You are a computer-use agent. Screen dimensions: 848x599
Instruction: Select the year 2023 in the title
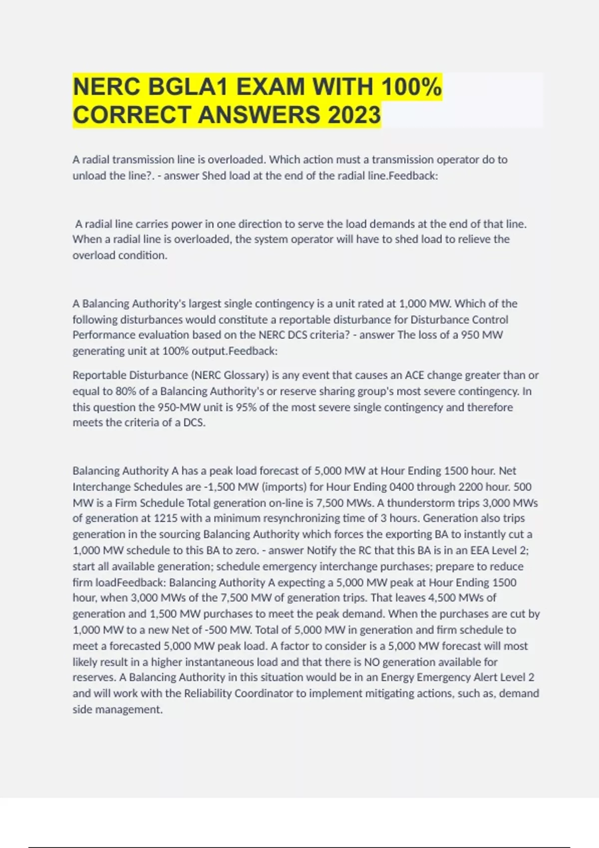click(x=354, y=115)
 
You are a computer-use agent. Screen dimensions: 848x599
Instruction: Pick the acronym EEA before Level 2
click(x=480, y=550)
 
